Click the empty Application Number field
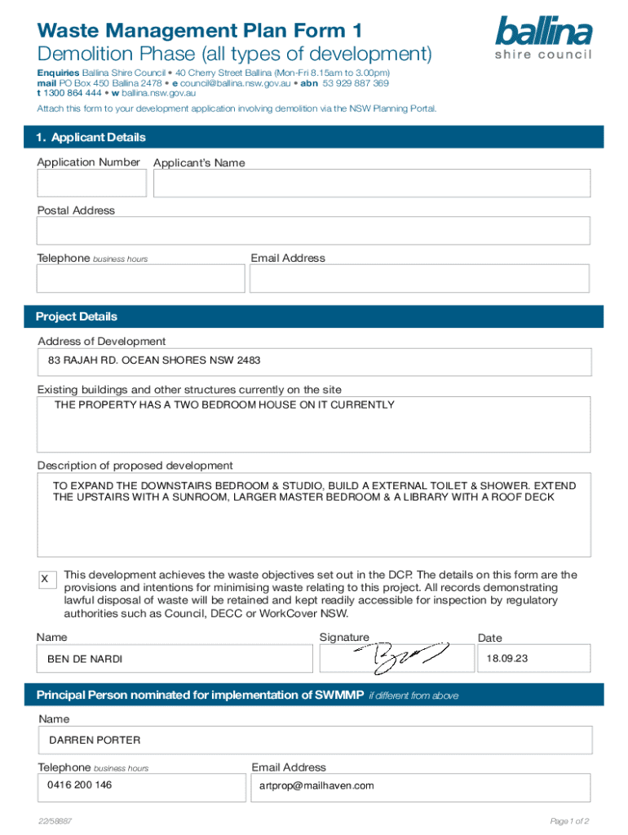pos(91,183)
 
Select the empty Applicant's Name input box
pos(371,183)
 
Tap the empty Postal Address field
pos(313,232)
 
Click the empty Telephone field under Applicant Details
pos(140,279)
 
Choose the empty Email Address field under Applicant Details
pos(419,279)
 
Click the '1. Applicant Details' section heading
pos(91,138)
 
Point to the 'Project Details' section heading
pos(77,316)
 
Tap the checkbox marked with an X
pos(46,578)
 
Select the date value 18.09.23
pos(502,658)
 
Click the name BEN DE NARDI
pos(86,659)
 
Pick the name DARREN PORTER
pos(95,740)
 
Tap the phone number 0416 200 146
pos(79,785)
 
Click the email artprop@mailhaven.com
pos(316,786)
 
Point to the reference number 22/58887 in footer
pos(55,821)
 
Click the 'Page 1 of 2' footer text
pos(570,821)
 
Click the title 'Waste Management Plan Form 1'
pos(199,31)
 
